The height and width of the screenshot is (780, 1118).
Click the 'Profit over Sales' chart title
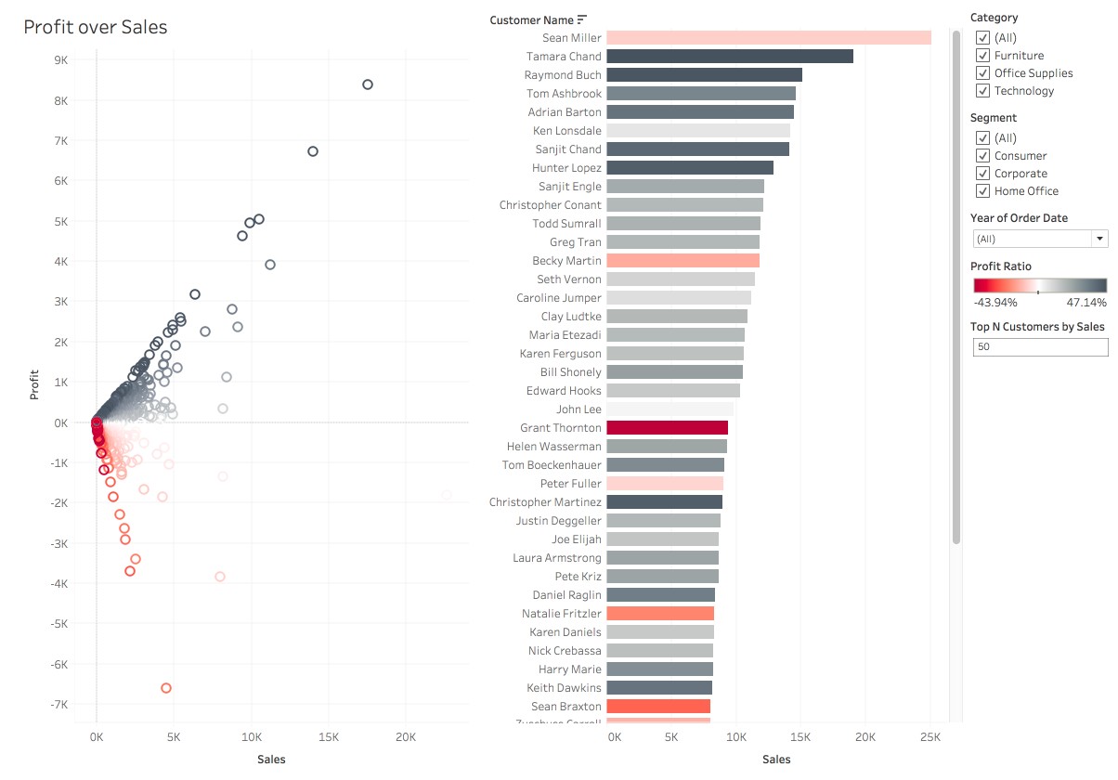(96, 27)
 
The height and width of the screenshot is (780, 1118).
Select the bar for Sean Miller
(768, 38)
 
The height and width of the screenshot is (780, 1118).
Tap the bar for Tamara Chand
(729, 57)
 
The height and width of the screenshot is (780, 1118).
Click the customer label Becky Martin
(566, 261)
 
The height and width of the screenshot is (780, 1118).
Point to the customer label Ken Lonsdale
(566, 131)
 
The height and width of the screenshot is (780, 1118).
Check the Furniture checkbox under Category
(982, 56)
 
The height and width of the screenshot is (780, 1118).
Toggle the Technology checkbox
(982, 91)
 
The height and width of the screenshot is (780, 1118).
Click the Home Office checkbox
(982, 191)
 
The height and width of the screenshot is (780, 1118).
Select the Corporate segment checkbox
(982, 174)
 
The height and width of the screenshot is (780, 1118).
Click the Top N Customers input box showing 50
(1039, 346)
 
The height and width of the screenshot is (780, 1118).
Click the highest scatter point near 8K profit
(368, 84)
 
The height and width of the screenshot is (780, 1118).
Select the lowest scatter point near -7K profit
(166, 688)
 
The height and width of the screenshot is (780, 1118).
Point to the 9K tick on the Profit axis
(60, 59)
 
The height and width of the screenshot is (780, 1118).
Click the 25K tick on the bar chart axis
(929, 737)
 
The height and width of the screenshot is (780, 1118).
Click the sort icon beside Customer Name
(582, 19)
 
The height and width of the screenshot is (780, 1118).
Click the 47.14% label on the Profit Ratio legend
(1085, 302)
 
